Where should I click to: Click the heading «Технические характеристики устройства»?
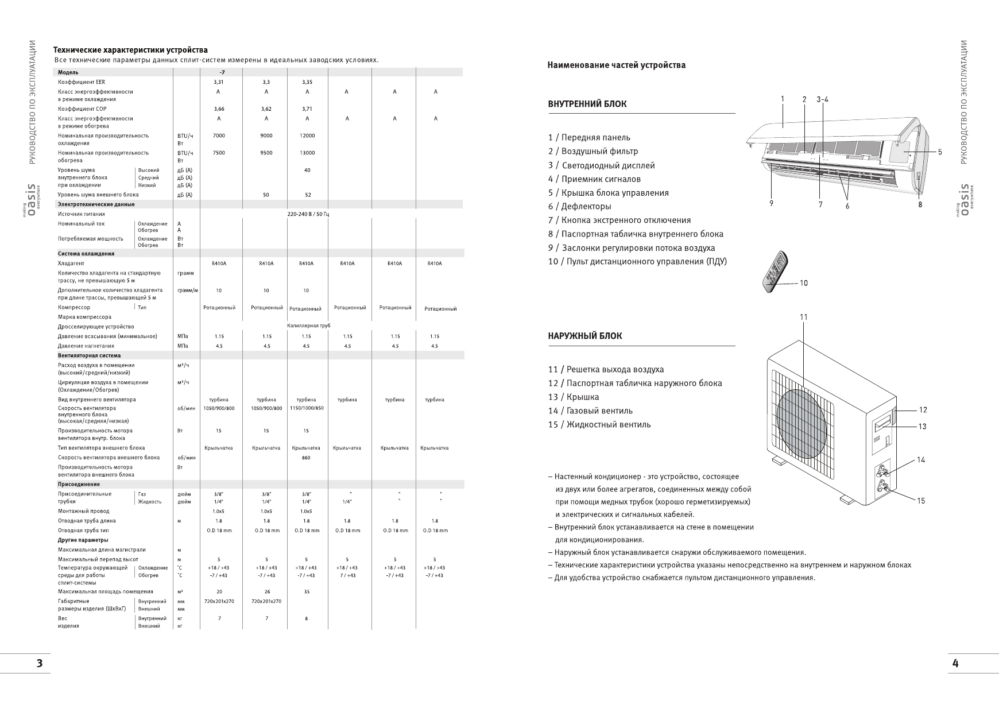coord(130,51)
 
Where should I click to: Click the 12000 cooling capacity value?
coord(307,136)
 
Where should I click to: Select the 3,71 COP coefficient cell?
coord(307,109)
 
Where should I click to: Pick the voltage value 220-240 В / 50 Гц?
coord(308,214)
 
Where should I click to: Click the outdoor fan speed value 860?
coord(306,458)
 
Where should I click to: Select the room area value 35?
coord(307,592)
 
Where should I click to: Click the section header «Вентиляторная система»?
coord(89,355)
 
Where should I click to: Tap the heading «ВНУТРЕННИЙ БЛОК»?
coord(587,105)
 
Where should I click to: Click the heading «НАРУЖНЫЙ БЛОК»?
coord(584,336)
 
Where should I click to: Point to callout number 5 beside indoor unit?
coord(940,152)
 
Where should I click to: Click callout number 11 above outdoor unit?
coord(803,318)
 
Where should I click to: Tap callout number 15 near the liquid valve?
coord(921,501)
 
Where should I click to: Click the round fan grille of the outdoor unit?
coord(804,417)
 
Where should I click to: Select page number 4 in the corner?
coord(955,664)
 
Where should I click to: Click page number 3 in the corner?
coord(39,664)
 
